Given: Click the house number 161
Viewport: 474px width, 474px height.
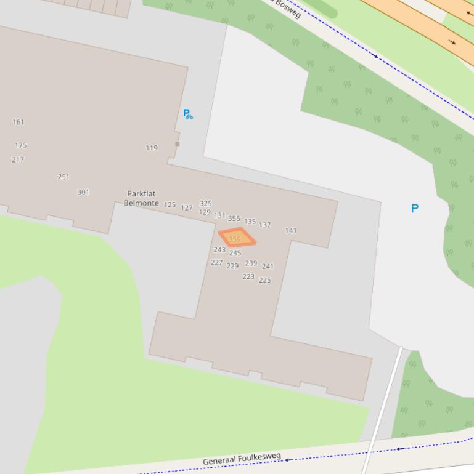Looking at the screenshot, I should click(18, 122).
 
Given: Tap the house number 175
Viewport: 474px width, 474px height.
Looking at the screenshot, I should click(21, 145).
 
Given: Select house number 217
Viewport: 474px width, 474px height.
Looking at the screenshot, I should click(18, 159).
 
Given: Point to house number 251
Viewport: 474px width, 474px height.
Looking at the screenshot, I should click(63, 177).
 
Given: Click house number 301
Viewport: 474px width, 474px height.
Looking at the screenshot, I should click(83, 192).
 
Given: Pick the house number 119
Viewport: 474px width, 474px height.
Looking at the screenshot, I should click(152, 148).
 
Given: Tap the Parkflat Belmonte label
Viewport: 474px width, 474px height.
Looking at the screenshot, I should click(141, 198).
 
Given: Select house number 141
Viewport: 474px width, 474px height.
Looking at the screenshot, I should click(291, 230).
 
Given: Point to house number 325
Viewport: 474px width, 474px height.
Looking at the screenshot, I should click(206, 203).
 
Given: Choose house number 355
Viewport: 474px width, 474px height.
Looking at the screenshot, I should click(234, 218).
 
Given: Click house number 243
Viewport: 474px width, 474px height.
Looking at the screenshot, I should click(219, 249).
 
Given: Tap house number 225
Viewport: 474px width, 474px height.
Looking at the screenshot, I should click(265, 280).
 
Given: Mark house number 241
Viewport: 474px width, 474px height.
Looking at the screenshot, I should click(268, 266).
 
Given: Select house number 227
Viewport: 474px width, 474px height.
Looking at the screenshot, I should click(216, 262).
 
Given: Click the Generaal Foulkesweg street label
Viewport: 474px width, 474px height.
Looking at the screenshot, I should click(242, 459).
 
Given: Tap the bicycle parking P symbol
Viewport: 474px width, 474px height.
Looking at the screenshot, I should click(187, 114).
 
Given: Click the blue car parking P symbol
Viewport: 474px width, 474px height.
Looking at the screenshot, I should click(415, 208).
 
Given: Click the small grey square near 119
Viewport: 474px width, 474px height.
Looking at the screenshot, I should click(178, 144).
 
